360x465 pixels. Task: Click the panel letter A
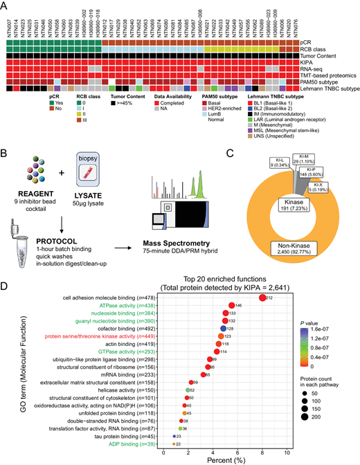tap(6, 5)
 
